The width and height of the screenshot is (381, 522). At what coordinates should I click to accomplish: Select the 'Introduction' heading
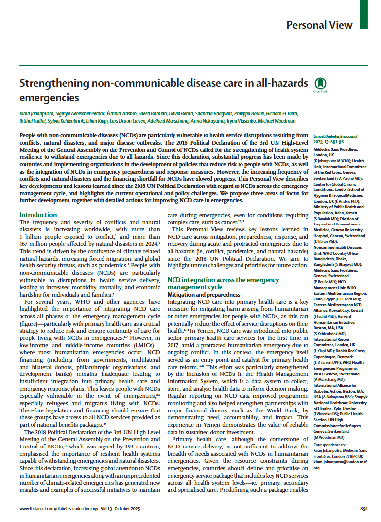[x=38, y=215]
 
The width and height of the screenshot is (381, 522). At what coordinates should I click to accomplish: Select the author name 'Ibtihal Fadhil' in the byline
[x=33, y=121]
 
